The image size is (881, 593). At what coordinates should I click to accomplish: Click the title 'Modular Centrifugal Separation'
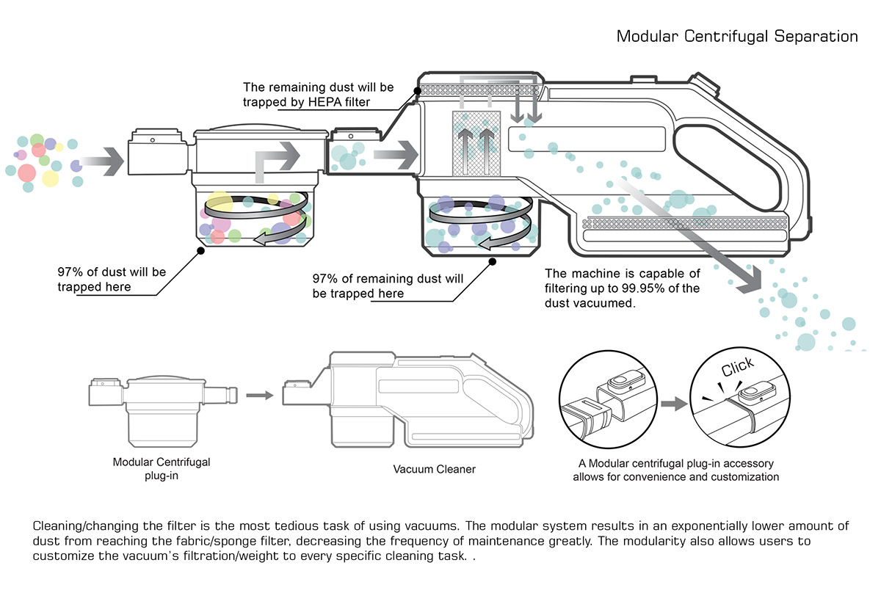[737, 36]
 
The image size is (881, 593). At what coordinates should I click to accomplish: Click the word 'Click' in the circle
[738, 368]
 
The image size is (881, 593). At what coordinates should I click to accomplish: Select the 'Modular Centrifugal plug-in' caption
[162, 468]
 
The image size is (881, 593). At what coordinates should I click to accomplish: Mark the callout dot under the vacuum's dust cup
[492, 261]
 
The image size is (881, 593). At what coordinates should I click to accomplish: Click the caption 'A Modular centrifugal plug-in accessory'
[676, 464]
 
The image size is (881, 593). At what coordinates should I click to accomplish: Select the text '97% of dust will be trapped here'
[112, 279]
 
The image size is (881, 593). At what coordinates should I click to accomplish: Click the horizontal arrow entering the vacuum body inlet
[395, 156]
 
